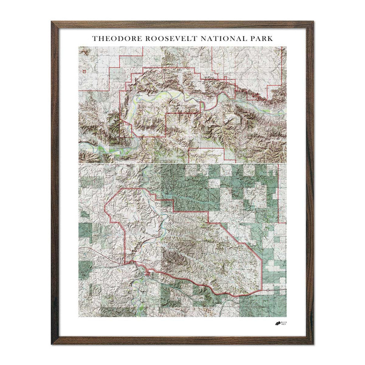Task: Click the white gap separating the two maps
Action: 182,163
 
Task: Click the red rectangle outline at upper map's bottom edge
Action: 206,154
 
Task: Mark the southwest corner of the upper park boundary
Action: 120,136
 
